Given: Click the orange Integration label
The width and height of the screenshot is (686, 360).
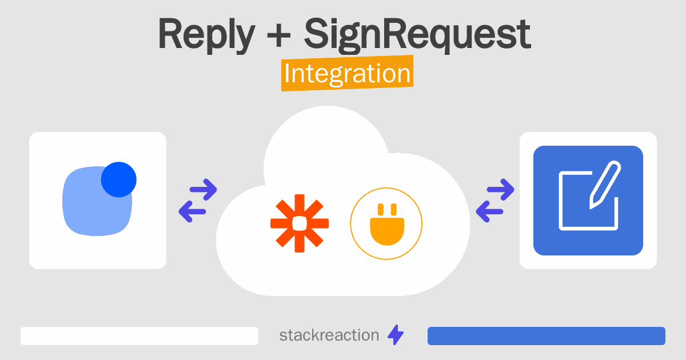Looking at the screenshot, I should click(347, 74).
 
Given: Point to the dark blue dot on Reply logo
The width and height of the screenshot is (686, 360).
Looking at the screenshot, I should click(119, 179).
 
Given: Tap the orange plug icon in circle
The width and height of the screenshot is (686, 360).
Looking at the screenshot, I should click(386, 223).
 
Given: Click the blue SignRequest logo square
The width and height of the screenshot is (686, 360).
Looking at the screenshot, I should click(588, 201).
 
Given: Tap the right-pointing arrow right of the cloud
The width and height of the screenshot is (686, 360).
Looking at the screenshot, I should click(500, 189).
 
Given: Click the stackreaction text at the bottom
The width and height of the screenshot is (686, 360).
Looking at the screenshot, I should click(329, 335).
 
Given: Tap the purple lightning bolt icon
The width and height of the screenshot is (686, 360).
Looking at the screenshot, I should click(396, 335).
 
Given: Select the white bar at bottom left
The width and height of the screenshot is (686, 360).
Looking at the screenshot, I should click(139, 336).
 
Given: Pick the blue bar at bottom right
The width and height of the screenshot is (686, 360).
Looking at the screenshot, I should click(546, 336).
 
